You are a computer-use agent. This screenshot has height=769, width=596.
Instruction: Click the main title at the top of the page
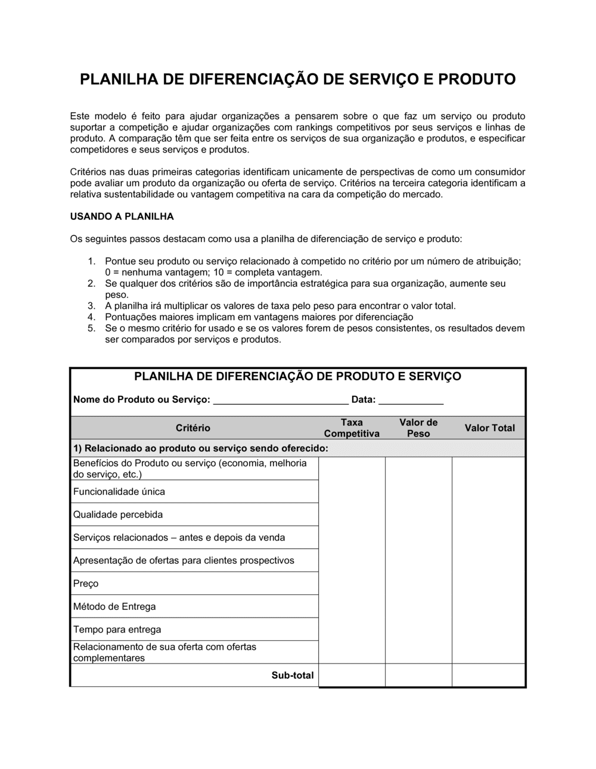(297, 79)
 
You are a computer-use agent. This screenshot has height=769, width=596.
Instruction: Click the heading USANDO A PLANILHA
(122, 216)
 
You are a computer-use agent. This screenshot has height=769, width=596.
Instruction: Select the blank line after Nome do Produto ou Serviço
(281, 399)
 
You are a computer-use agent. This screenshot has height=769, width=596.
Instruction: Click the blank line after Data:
(411, 399)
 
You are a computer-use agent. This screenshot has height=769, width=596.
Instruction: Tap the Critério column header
(193, 428)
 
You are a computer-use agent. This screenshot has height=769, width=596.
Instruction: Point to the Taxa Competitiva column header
(352, 428)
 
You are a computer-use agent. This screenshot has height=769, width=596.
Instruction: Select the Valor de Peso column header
(418, 428)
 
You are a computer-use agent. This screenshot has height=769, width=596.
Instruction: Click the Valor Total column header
(489, 428)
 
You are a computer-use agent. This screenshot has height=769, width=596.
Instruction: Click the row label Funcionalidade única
(119, 492)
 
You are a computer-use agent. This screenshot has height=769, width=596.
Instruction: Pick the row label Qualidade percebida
(118, 514)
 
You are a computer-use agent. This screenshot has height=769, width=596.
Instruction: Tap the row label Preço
(86, 584)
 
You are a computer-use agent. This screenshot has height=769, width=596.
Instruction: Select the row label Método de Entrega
(114, 606)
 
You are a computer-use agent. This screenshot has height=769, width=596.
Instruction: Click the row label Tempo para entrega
(117, 630)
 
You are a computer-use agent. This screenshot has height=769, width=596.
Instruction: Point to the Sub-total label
(292, 675)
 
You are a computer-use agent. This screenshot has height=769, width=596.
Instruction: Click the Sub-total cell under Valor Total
(488, 675)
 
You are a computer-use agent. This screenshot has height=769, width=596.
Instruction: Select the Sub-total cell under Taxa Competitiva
(352, 675)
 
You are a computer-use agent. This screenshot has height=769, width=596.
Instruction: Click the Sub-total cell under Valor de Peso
(418, 675)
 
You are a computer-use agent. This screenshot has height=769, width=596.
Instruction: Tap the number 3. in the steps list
(92, 306)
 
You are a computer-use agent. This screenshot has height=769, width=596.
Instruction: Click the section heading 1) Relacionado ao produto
(200, 448)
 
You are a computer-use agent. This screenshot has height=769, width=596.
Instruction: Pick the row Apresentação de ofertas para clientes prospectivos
(184, 560)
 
